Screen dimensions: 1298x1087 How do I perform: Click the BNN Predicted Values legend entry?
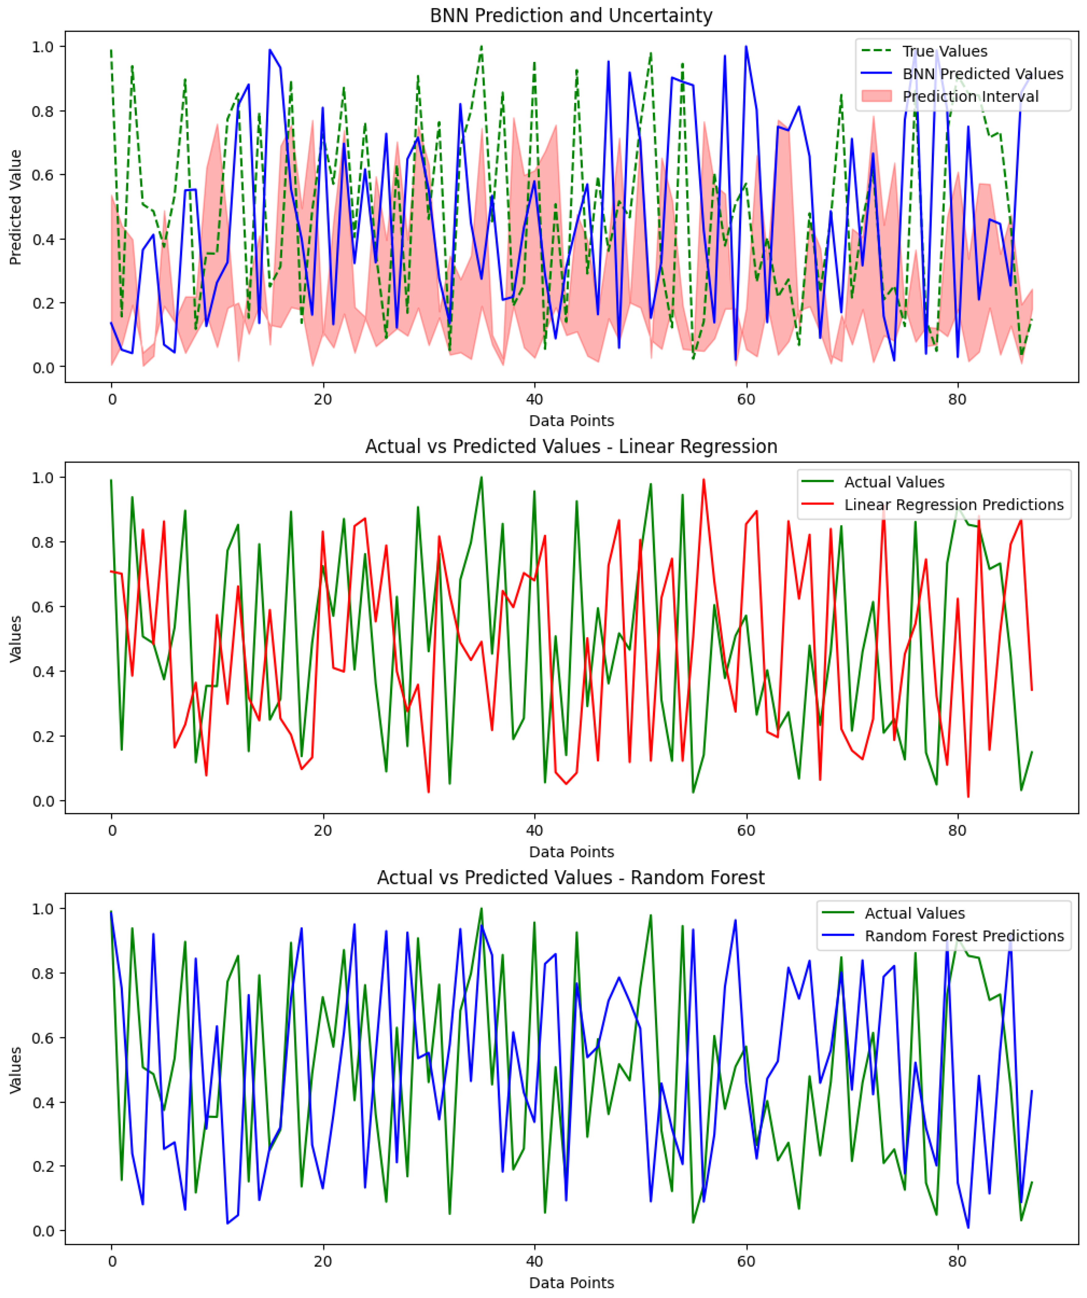983,74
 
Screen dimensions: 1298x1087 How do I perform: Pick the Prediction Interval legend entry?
970,96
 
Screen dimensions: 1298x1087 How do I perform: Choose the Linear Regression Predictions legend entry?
953,505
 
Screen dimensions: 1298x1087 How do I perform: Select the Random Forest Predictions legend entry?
964,936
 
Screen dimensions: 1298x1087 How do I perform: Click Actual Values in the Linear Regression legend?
894,482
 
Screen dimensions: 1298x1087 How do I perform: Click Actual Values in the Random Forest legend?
915,913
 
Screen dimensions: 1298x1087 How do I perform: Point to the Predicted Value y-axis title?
16,207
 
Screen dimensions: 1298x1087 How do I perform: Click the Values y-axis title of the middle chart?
16,638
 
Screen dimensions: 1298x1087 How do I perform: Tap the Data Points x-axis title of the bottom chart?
571,1282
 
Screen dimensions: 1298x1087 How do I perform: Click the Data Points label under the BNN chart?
571,421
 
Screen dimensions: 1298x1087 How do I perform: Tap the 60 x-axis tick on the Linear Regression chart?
746,830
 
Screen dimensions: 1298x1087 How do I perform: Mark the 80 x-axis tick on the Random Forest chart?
957,1261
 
